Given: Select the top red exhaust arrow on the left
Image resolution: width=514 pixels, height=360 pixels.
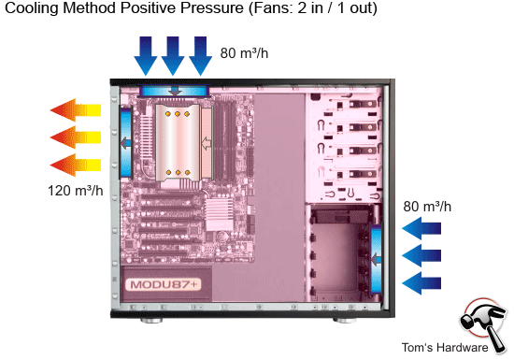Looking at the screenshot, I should pos(76,108).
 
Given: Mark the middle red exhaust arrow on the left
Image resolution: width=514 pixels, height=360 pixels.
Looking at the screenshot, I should pos(76,137).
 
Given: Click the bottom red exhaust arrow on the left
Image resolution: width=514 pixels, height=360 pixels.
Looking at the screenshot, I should pos(76,166).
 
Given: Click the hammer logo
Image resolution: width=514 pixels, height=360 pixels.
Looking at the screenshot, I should pos(484,323).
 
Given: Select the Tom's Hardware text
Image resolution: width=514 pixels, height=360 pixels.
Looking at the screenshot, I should pos(444,348).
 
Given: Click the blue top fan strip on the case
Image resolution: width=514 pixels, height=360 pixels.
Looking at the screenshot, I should pos(174,90).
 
